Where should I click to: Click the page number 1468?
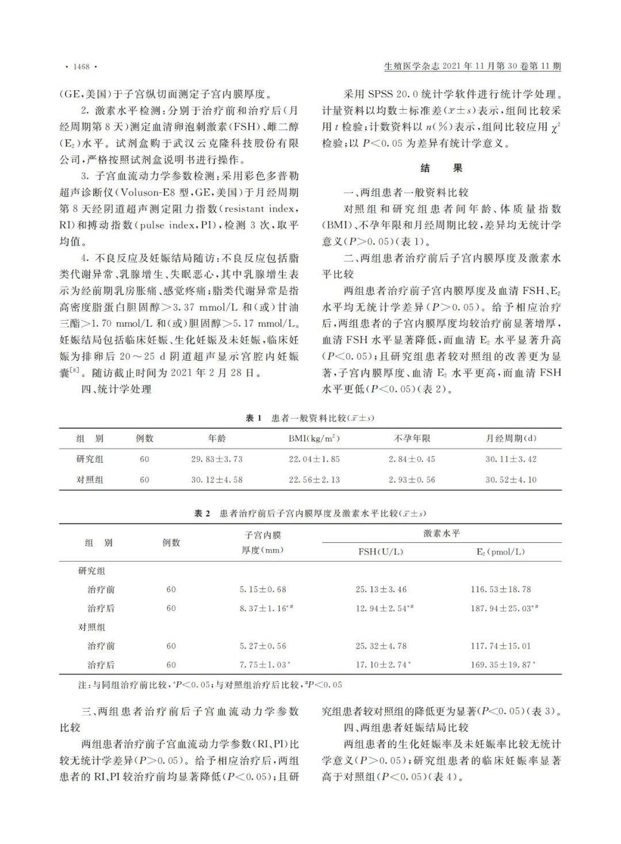[81, 67]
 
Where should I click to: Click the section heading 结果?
[441, 168]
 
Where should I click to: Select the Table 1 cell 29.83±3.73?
[217, 459]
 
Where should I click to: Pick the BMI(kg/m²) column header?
[314, 439]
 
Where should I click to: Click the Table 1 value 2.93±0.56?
[412, 480]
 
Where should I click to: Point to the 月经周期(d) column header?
[511, 439]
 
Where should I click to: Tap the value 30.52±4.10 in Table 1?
[511, 480]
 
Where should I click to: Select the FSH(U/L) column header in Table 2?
[381, 552]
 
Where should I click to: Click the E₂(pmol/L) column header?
[500, 552]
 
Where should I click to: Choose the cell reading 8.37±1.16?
[262, 608]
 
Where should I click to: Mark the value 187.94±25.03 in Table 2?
[501, 608]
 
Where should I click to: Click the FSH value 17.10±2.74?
[381, 665]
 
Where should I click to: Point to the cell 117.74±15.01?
[500, 646]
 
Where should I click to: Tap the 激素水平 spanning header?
[442, 534]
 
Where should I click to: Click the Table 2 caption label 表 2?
[202, 513]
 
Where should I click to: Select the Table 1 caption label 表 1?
[254, 418]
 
